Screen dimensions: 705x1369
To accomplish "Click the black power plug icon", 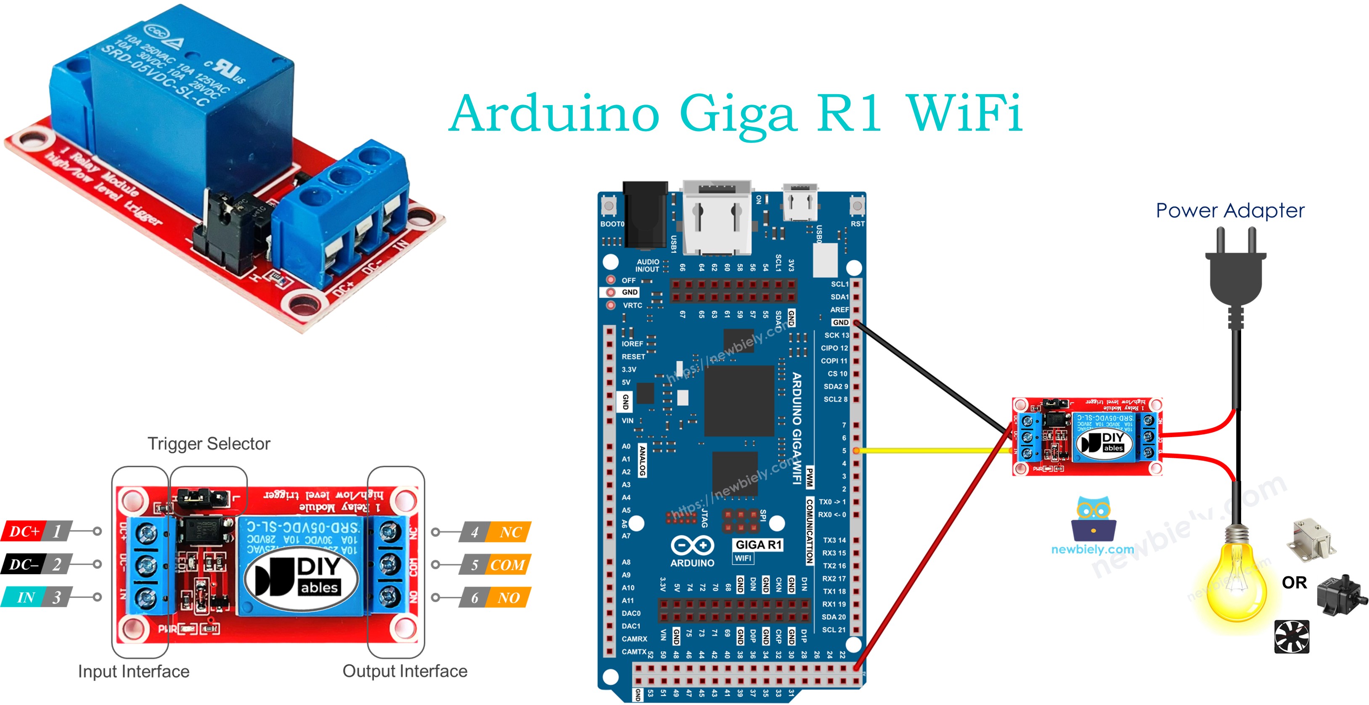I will pos(1236,271).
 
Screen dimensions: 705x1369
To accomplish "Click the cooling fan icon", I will pos(1292,636).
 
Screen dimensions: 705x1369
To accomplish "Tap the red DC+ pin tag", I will pos(24,531).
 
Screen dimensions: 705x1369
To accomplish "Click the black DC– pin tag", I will pos(24,564).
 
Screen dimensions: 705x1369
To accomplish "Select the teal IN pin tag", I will pos(24,597).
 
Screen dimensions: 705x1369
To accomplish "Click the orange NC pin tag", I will pos(509,532).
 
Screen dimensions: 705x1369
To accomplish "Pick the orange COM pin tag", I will pos(508,565).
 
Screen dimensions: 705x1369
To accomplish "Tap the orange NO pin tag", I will pos(508,598).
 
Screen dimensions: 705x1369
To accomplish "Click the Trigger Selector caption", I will pos(209,444).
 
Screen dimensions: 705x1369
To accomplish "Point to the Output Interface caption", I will pos(405,671).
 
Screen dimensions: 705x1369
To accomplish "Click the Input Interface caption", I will pos(134,671).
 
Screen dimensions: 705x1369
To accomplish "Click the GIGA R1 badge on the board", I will pos(758,544).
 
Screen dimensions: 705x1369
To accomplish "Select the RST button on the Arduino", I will pos(857,206).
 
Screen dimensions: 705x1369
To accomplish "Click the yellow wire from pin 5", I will pos(930,451).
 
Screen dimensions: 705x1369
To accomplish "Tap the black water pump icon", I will pos(1339,595).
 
